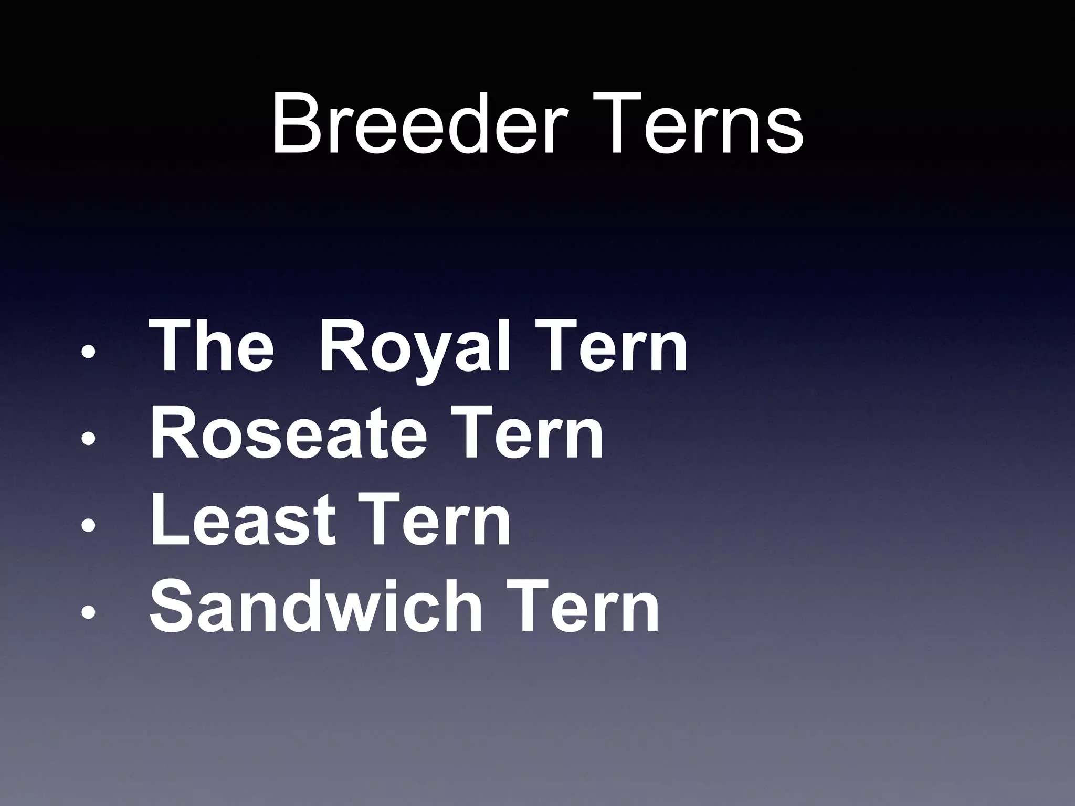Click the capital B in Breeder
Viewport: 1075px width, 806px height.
click(x=296, y=125)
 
